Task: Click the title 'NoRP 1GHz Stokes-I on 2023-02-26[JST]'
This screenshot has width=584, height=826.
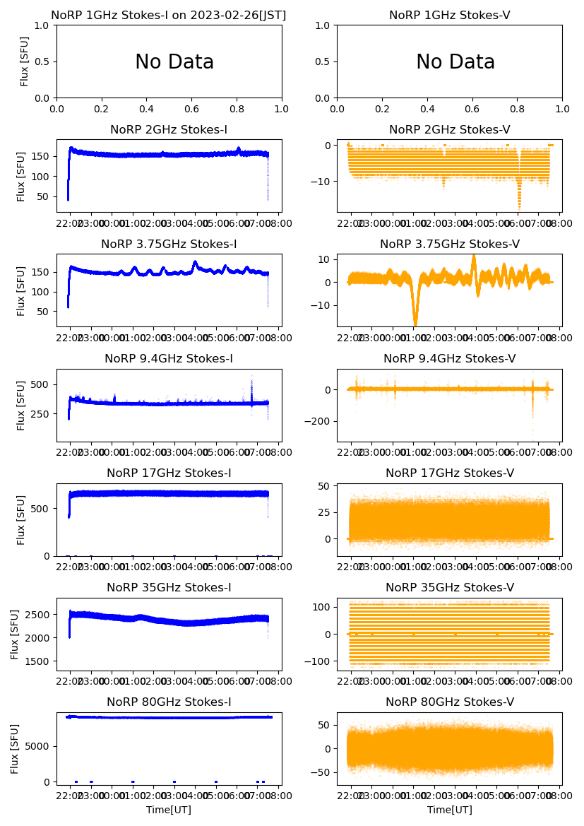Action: pos(168,16)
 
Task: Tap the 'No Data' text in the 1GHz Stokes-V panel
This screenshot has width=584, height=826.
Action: pos(455,62)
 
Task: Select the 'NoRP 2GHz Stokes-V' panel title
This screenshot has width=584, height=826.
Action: pos(449,130)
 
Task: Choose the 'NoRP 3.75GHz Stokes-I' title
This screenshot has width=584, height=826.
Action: pos(169,244)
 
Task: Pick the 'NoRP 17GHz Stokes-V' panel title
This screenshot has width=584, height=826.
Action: pos(449,473)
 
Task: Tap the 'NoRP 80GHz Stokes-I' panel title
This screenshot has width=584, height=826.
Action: pos(169,702)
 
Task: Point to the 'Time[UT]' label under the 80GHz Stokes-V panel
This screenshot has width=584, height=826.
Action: pos(449,810)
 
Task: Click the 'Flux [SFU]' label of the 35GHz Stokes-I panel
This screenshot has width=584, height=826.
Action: pos(16,635)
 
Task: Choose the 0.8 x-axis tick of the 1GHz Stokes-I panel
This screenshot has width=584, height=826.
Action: pos(237,110)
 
